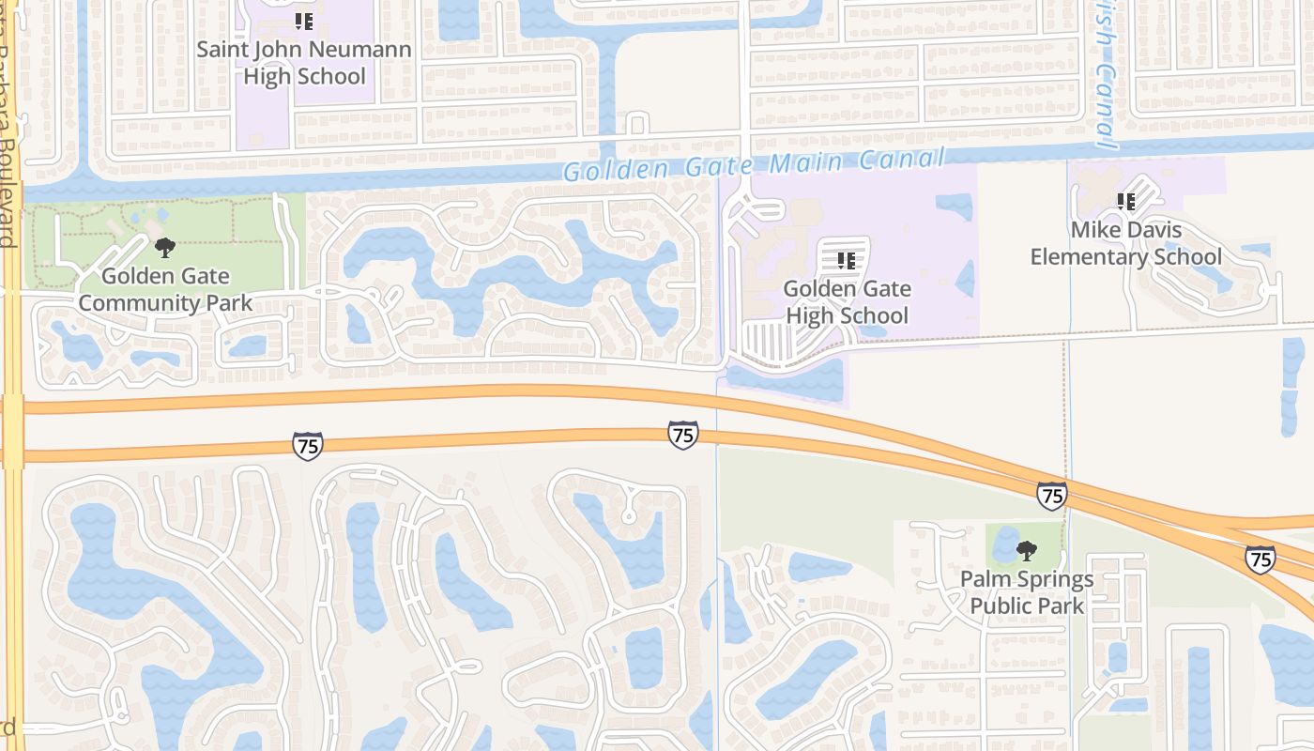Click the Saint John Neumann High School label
(304, 63)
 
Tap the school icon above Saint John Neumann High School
(303, 21)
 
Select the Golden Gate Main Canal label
(753, 165)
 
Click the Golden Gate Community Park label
(165, 290)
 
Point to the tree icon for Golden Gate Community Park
(165, 248)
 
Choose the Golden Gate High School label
(847, 302)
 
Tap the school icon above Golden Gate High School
(846, 260)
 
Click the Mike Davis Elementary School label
(1125, 243)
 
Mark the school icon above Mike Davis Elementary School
(1125, 201)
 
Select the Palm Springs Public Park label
(1027, 592)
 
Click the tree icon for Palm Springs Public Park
(1027, 551)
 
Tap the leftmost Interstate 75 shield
(307, 445)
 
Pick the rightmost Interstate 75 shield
(1260, 559)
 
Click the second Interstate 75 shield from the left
(682, 435)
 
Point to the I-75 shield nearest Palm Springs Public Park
(1051, 495)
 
